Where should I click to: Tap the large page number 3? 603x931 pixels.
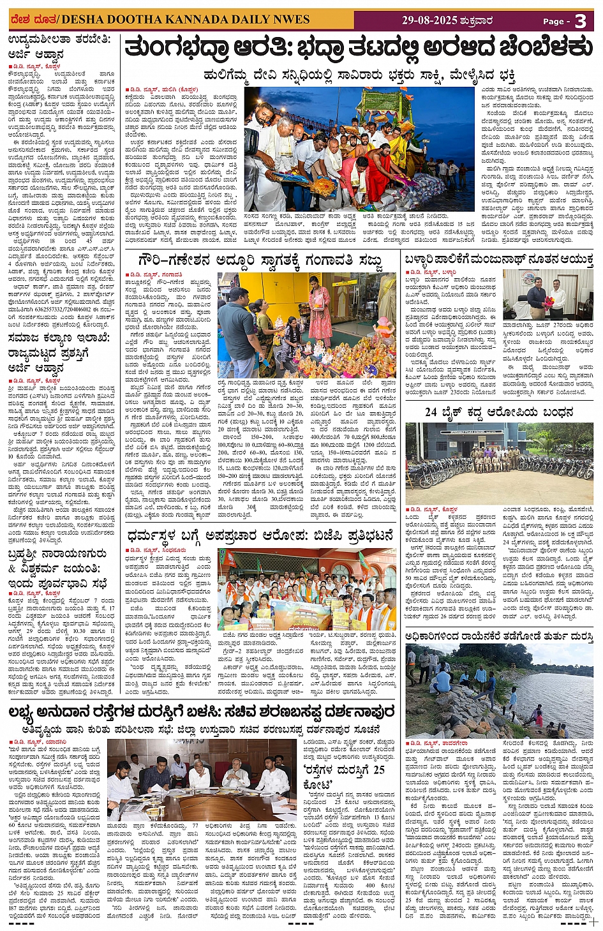[580, 21]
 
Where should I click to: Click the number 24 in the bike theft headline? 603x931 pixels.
[431, 413]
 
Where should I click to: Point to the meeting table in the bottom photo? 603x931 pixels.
[211, 804]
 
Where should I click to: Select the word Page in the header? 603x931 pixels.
[553, 21]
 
